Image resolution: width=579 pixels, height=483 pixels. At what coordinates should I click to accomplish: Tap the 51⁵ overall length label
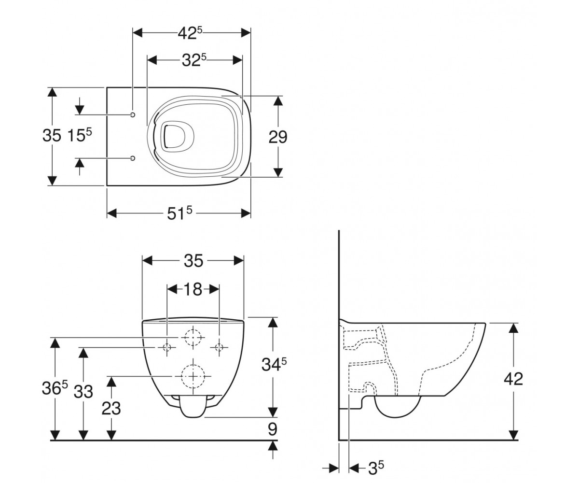(x=179, y=213)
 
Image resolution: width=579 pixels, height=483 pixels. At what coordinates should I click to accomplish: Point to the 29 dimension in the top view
(x=278, y=137)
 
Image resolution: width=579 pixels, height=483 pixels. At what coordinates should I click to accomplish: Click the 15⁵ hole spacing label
(x=79, y=136)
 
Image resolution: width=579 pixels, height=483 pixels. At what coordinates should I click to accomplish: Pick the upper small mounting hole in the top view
(x=133, y=114)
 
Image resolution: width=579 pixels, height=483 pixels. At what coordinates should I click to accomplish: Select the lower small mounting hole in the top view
(x=133, y=158)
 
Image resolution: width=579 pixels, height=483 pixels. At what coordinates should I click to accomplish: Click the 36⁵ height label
(x=55, y=388)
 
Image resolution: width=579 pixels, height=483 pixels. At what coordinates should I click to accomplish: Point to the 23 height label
(x=111, y=408)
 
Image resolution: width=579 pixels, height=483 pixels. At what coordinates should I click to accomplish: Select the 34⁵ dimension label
(x=274, y=364)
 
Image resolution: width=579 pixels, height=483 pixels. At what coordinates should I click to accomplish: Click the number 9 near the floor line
(x=273, y=429)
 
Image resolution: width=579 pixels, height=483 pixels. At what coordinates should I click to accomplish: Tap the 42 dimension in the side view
(x=513, y=378)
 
